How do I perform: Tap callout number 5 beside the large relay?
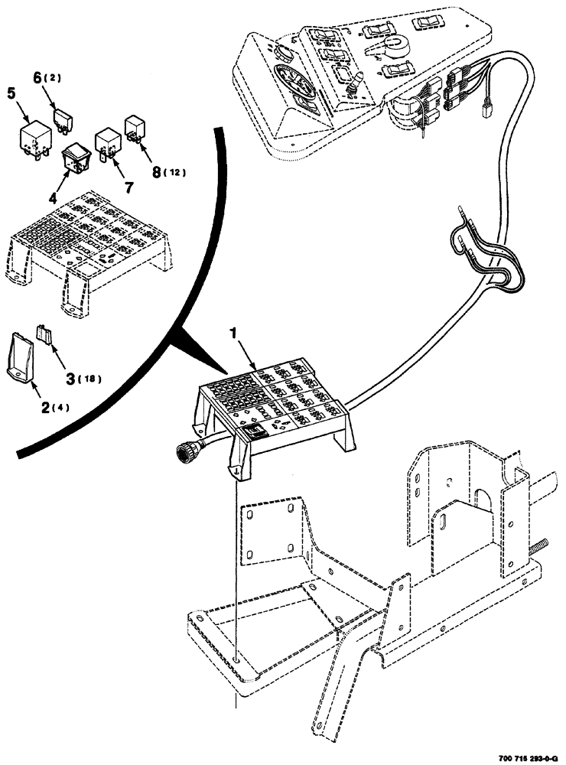(x=11, y=94)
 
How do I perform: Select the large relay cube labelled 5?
(x=34, y=137)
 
